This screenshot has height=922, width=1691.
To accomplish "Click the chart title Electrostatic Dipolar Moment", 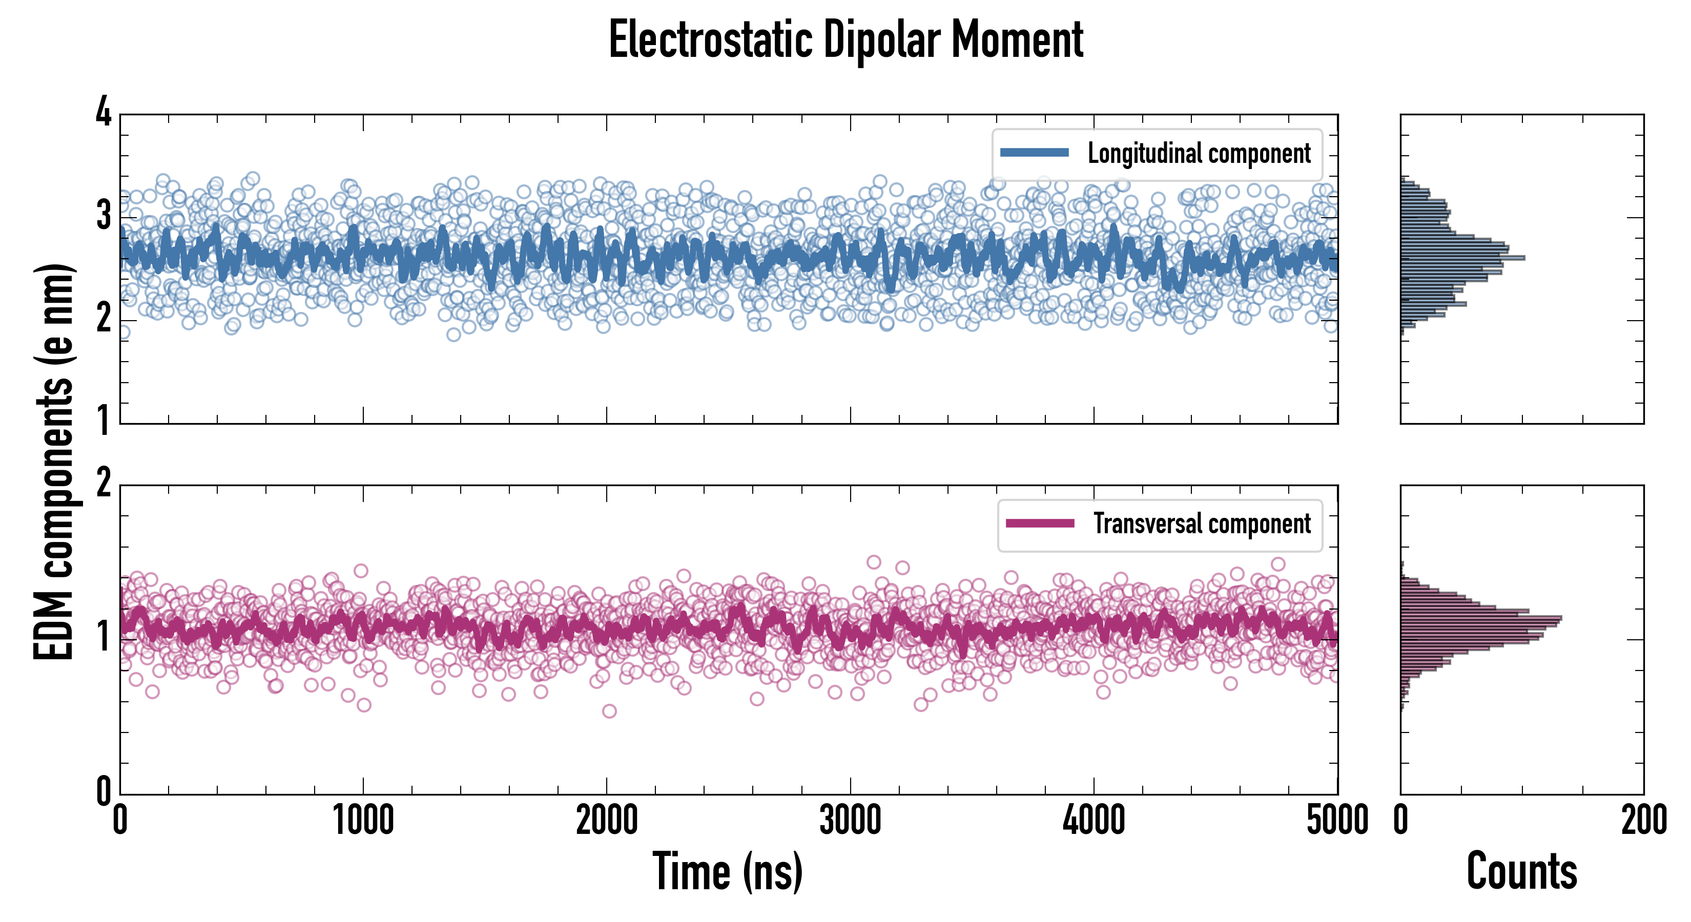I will (x=845, y=40).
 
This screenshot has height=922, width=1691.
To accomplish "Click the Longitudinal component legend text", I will (x=1199, y=154).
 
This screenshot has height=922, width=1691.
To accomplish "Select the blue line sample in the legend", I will (x=1034, y=153).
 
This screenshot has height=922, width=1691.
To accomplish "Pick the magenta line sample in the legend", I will (x=1040, y=523).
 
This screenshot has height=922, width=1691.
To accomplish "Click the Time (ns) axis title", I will (x=727, y=871).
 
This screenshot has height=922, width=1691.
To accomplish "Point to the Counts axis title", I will (x=1521, y=871).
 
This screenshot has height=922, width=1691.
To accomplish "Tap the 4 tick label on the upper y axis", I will (x=104, y=113).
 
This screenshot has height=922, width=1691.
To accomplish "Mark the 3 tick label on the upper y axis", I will (x=104, y=217).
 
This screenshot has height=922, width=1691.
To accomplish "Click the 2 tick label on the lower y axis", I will (x=104, y=484).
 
